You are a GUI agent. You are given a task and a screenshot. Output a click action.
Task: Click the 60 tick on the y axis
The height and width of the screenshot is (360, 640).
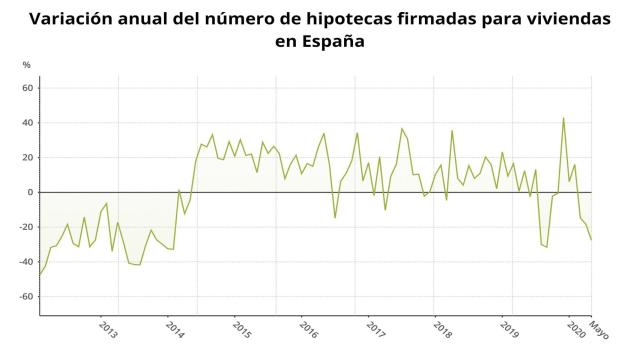[28, 88]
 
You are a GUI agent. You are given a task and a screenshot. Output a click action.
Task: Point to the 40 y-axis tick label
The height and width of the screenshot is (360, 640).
[28, 123]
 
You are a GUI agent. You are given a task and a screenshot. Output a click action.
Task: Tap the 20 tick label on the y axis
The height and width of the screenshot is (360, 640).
[28, 158]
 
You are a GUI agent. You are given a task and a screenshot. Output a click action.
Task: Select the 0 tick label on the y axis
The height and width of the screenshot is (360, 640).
[31, 192]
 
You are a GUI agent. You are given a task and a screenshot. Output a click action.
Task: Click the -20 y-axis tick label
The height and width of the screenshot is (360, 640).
[27, 227]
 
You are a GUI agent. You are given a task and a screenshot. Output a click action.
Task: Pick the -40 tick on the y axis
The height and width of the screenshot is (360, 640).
[27, 262]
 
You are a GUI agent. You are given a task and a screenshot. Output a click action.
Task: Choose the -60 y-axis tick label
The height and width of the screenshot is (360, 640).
[27, 297]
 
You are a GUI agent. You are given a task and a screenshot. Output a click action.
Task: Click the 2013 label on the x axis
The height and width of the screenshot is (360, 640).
[108, 329]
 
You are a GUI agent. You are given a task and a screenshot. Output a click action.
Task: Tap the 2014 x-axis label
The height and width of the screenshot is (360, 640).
[175, 329]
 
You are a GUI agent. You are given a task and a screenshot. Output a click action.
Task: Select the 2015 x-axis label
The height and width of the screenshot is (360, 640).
[241, 329]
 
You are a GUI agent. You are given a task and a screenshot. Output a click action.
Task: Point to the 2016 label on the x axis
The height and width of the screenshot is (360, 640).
[308, 329]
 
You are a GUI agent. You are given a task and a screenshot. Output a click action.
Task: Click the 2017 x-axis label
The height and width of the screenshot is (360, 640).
[375, 329]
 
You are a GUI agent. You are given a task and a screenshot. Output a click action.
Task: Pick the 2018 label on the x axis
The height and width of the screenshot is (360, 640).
[442, 329]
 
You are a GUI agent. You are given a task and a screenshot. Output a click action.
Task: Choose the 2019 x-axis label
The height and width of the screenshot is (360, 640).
[509, 329]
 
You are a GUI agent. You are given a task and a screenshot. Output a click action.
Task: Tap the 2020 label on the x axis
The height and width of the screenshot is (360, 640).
[576, 329]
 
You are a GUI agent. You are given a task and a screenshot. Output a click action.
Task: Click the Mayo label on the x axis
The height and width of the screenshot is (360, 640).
[598, 329]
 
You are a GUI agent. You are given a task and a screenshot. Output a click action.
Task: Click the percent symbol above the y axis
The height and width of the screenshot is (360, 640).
[27, 64]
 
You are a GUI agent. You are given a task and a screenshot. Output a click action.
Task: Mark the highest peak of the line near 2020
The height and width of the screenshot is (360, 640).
[564, 118]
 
